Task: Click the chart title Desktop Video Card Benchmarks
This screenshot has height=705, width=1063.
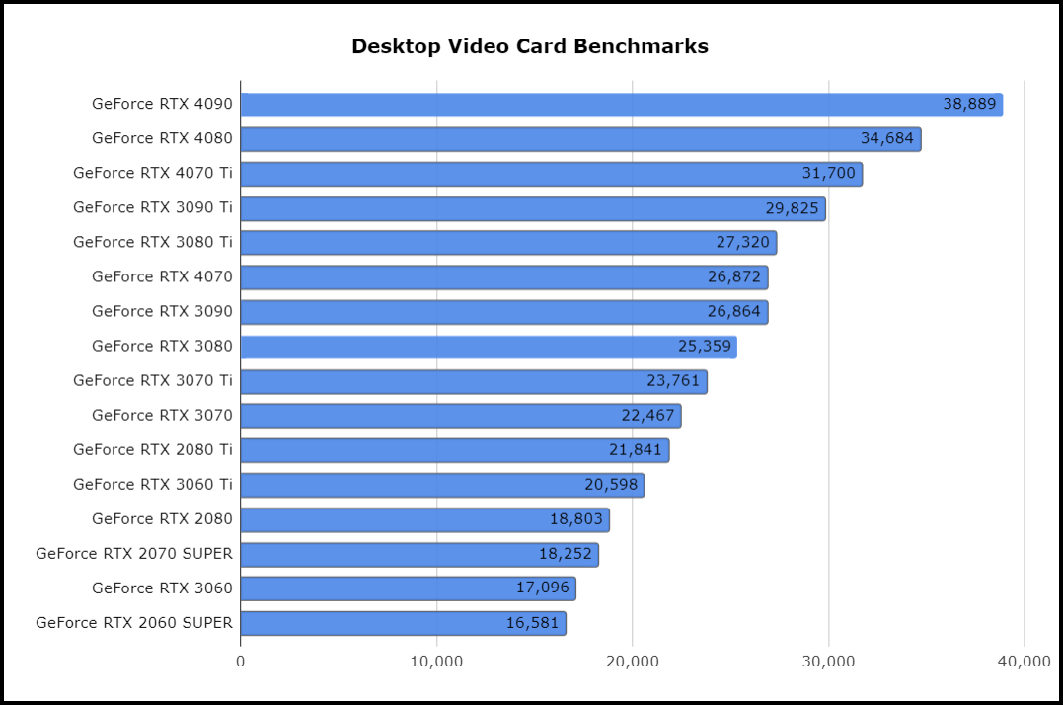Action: (x=530, y=46)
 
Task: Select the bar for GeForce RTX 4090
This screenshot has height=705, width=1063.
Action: (x=592, y=105)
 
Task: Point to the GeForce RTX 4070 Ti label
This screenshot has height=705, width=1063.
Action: (x=153, y=173)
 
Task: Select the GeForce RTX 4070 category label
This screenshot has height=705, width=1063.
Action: (x=162, y=276)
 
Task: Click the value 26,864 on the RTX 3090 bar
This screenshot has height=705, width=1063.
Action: (x=734, y=312)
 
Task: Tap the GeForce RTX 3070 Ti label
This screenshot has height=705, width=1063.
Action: (x=153, y=380)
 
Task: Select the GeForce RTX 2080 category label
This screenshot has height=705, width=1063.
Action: (x=162, y=518)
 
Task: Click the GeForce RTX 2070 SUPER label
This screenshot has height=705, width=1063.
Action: (x=134, y=553)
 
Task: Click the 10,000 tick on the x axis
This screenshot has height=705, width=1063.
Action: (x=436, y=661)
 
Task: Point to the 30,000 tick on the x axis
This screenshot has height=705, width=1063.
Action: (x=828, y=661)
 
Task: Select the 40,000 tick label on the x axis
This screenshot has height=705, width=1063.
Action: (x=1024, y=661)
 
